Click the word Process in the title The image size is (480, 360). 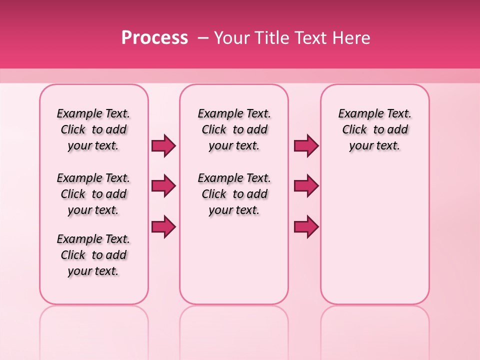click(154, 38)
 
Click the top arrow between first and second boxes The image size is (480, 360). click(163, 146)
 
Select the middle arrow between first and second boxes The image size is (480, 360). click(163, 186)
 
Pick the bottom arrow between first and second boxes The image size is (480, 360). click(163, 227)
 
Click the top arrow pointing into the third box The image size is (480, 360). click(306, 146)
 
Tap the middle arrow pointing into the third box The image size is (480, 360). click(306, 186)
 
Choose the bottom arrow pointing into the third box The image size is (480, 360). click(306, 227)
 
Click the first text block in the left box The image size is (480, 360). click(93, 129)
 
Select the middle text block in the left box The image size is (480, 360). click(93, 194)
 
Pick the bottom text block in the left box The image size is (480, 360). click(93, 255)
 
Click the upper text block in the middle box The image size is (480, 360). click(234, 129)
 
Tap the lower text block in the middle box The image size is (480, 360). click(234, 194)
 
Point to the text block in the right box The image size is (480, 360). click(374, 129)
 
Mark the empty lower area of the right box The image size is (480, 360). click(374, 230)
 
